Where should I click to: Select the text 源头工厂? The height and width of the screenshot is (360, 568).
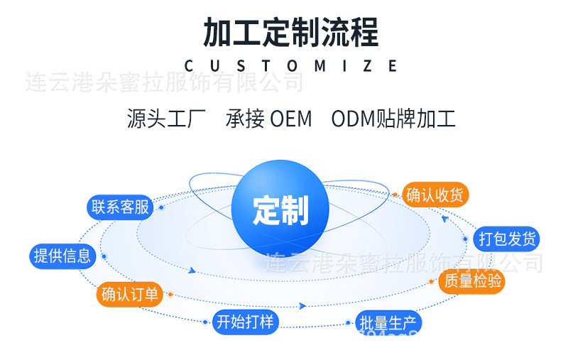click(166, 119)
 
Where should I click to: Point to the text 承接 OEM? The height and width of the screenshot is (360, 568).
click(269, 119)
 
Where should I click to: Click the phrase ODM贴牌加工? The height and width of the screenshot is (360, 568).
click(393, 119)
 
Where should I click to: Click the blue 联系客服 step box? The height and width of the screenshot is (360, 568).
click(120, 207)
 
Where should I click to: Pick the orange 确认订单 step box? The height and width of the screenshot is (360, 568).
click(130, 294)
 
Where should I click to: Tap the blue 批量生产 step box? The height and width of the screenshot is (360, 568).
click(388, 324)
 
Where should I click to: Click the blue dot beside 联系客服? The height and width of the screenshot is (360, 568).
click(161, 207)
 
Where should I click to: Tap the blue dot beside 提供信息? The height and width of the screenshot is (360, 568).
click(104, 256)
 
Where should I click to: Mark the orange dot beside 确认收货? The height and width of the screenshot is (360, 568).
click(395, 195)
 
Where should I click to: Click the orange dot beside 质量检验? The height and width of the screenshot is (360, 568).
click(432, 282)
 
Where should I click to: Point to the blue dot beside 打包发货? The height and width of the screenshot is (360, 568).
click(466, 239)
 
